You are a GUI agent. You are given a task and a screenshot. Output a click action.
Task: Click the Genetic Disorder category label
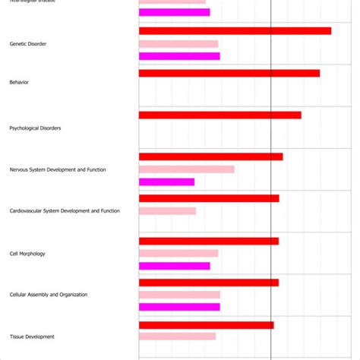(28, 44)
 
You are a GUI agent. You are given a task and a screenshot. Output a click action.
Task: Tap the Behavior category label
(19, 82)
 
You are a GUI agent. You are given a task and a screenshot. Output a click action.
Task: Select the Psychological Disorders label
(35, 128)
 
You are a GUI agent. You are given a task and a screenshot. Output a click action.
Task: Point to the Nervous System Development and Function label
(58, 169)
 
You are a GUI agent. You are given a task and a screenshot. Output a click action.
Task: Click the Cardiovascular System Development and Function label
(65, 210)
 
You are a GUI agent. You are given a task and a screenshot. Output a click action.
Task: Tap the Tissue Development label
(32, 336)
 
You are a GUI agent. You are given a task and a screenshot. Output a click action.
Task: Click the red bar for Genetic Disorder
(235, 31)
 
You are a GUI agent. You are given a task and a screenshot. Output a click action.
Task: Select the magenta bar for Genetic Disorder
(179, 56)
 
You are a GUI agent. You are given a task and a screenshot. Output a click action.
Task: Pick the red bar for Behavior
(229, 74)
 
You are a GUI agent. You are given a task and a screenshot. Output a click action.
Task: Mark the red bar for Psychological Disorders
(219, 115)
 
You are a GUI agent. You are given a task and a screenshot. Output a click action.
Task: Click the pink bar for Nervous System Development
(186, 169)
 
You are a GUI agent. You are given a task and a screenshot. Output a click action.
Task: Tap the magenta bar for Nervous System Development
(166, 182)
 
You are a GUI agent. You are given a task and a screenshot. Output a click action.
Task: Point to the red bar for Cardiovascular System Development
(209, 198)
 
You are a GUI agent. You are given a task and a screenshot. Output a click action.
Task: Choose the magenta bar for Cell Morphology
(174, 266)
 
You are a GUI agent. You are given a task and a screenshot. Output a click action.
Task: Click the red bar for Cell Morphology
(208, 241)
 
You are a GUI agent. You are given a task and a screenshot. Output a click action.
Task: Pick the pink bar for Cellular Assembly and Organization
(179, 295)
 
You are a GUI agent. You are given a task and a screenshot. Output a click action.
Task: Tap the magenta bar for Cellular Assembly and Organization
(179, 307)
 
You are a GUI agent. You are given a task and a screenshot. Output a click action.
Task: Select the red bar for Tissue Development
(206, 325)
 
